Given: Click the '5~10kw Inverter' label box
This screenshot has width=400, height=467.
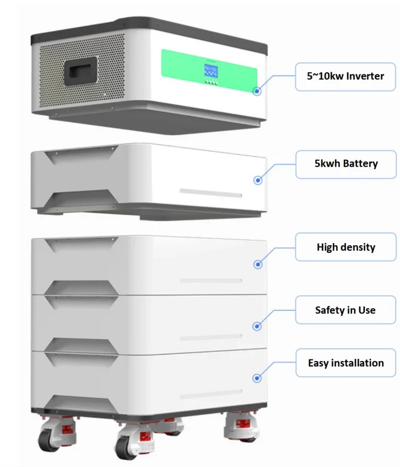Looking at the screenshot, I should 345,76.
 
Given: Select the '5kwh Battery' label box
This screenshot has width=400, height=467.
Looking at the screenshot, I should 345,163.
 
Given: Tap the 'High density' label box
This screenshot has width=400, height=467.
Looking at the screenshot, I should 345,247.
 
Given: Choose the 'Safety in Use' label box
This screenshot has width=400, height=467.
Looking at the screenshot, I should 345,310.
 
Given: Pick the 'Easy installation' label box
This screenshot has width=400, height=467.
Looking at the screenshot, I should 345,363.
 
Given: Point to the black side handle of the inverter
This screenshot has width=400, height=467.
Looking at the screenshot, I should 80,72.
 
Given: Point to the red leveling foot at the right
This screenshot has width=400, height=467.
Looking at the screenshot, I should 241,424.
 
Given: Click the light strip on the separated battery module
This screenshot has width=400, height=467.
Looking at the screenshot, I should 211,192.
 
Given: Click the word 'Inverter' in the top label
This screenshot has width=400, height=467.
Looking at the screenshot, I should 364,76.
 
